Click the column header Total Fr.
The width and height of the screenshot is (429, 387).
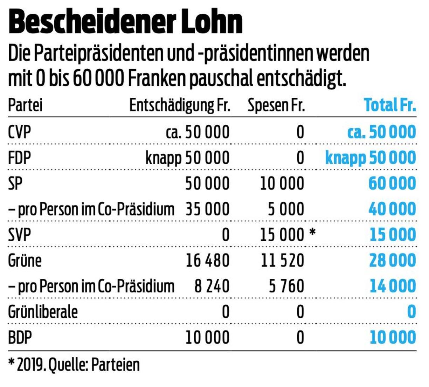(x=390, y=105)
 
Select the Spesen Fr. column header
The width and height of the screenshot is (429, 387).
(x=276, y=105)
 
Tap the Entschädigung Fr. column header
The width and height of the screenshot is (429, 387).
(x=180, y=105)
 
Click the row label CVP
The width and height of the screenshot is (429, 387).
(x=20, y=132)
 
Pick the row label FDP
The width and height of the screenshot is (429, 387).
(x=20, y=158)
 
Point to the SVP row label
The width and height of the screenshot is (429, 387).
(x=20, y=235)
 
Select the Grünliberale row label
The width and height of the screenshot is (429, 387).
(x=43, y=312)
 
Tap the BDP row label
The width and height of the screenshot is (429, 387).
(x=20, y=337)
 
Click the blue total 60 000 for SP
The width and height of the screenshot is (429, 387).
(x=392, y=184)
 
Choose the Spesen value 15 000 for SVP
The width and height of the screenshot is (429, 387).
(x=282, y=235)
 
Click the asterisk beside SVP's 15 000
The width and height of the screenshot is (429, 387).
(x=312, y=233)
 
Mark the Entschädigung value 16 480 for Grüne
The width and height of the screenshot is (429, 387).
(x=207, y=261)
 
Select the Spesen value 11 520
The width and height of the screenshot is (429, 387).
(x=282, y=261)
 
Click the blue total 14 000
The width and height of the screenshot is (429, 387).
(x=393, y=286)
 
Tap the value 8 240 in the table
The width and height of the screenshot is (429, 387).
(x=212, y=286)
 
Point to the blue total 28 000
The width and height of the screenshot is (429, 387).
(x=392, y=261)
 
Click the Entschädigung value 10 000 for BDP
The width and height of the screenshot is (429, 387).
(x=207, y=337)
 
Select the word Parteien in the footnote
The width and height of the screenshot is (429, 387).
(x=115, y=365)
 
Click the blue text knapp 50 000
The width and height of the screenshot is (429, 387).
(x=370, y=158)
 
